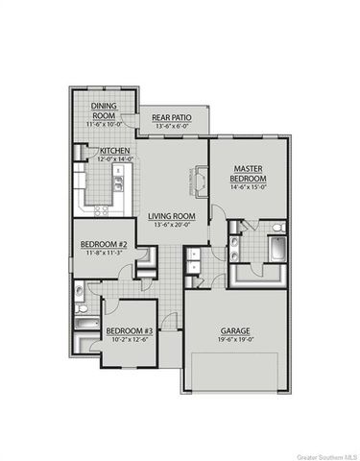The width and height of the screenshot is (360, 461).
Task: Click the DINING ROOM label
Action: coord(103,110)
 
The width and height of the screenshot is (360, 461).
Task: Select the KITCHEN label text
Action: coord(115,151)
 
